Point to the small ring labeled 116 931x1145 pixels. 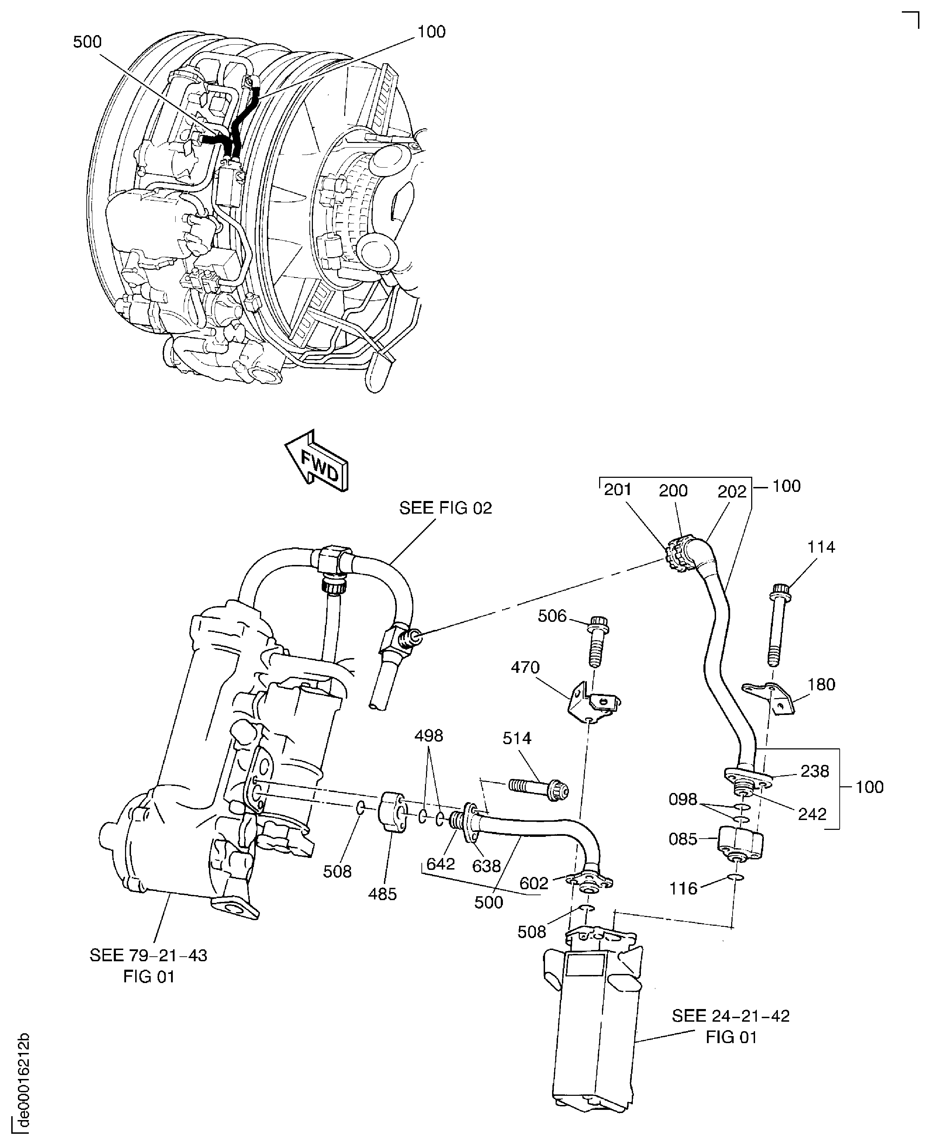click(736, 878)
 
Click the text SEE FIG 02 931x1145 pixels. click(445, 508)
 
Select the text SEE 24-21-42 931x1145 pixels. click(730, 1016)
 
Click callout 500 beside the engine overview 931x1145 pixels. click(87, 42)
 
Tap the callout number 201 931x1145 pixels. click(617, 489)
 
